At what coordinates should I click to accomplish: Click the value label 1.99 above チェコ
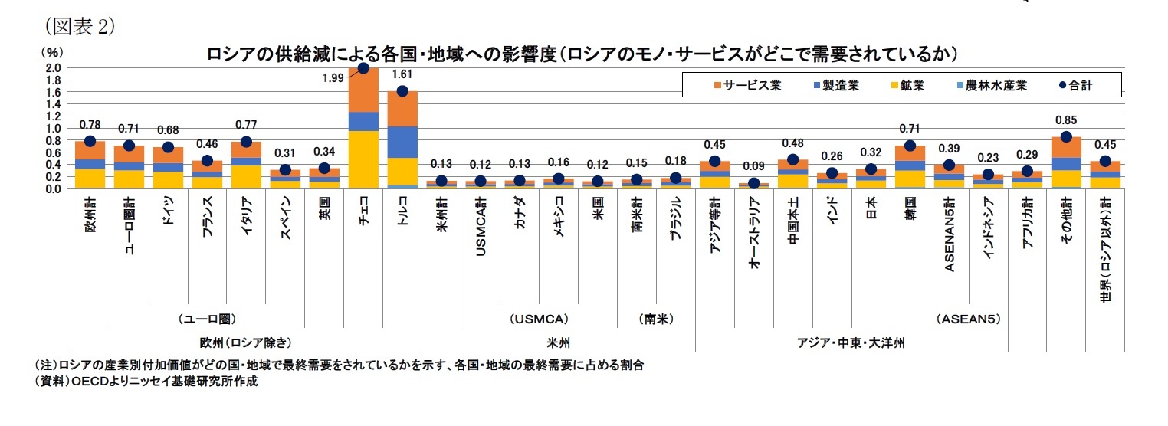click(x=333, y=77)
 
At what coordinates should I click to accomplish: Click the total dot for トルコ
click(x=402, y=91)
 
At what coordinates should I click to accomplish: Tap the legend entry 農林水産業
click(x=989, y=85)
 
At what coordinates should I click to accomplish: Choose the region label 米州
click(x=558, y=342)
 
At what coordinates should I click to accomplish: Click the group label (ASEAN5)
click(x=968, y=317)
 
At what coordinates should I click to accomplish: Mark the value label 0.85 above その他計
click(x=1065, y=120)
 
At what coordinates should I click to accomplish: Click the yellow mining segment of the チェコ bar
click(x=363, y=159)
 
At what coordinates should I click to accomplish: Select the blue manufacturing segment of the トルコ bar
click(x=402, y=142)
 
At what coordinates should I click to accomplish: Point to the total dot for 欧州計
click(x=90, y=141)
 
